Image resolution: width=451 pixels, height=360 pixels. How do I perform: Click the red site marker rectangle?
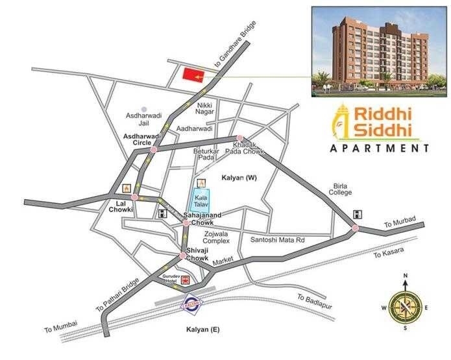tap(191, 75)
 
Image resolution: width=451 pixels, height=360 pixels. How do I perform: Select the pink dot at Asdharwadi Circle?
tap(154, 150)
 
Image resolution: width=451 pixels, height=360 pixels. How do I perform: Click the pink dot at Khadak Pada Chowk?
tap(240, 138)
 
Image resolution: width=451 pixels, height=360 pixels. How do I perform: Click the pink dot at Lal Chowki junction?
tap(134, 197)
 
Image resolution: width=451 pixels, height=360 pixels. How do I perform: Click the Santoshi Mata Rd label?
tap(276, 240)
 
